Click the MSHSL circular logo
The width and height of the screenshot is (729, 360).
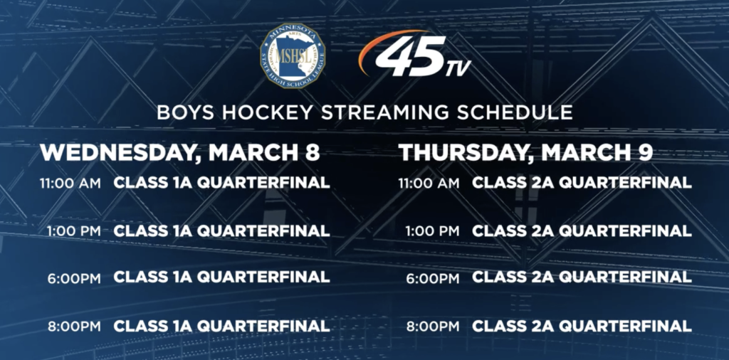293,55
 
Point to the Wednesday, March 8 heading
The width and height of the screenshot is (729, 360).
180,153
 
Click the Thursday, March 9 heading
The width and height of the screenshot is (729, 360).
526,153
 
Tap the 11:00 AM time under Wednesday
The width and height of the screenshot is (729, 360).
70,183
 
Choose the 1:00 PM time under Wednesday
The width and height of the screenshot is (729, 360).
73,231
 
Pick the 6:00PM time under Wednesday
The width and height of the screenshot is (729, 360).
74,278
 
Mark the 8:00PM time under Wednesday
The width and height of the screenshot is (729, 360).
74,326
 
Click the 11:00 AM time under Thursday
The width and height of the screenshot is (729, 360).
429,183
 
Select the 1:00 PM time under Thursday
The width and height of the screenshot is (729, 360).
432,231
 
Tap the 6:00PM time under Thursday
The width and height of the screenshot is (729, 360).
433,278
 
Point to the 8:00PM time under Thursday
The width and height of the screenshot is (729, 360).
433,326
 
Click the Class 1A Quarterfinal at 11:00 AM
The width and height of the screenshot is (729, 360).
222,183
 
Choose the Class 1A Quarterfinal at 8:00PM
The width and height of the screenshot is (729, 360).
222,326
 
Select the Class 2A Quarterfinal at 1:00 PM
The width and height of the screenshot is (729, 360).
582,231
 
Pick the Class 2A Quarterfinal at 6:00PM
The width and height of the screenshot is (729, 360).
582,277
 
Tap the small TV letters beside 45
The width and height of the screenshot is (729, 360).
458,68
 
